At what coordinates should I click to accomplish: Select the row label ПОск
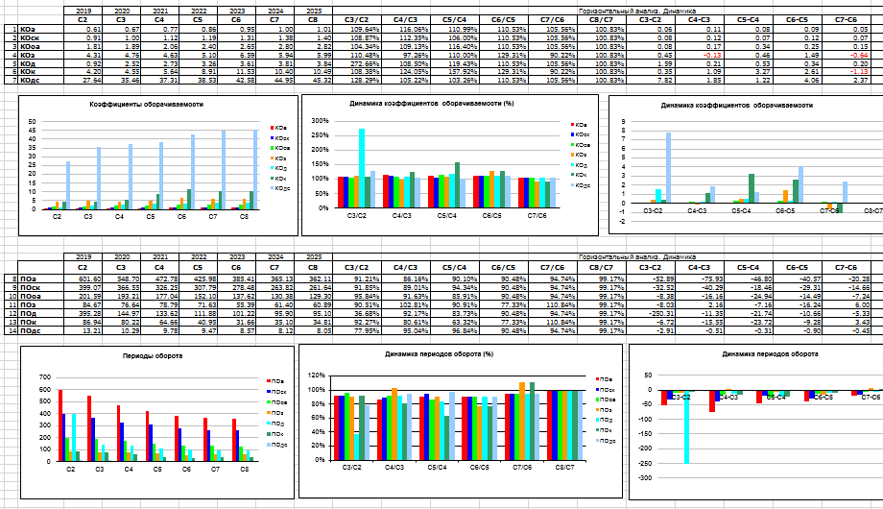30,287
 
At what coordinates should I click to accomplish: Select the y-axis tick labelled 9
624,122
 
